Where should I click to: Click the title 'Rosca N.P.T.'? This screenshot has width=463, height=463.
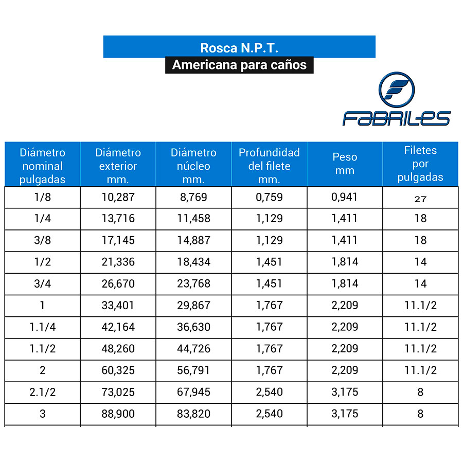(239, 48)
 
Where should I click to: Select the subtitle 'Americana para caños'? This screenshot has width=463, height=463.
(239, 65)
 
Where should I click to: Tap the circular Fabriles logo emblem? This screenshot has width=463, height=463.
(397, 90)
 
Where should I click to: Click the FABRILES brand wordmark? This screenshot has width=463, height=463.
(397, 118)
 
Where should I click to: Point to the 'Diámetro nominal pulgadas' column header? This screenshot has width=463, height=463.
(43, 166)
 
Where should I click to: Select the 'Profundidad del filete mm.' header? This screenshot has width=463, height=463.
(269, 166)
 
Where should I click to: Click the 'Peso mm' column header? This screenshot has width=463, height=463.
(345, 163)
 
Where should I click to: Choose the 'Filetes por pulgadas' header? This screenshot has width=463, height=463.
(420, 163)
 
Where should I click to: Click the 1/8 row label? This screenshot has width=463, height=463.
(43, 197)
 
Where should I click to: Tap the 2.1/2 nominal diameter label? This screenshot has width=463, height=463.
(43, 392)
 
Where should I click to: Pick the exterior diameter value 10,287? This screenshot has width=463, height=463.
(118, 197)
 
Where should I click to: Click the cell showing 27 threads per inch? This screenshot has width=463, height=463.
(420, 199)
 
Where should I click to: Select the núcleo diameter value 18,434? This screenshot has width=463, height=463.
(194, 262)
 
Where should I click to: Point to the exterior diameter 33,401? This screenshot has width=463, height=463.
(118, 305)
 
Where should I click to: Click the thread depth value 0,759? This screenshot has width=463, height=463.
(269, 197)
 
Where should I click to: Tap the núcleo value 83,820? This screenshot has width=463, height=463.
(194, 414)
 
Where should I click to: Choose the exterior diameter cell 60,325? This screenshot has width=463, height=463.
(118, 370)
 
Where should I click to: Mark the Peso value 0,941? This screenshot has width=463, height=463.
(344, 197)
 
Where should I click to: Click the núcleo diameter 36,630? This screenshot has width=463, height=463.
(194, 327)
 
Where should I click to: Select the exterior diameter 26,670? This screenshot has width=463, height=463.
(118, 283)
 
